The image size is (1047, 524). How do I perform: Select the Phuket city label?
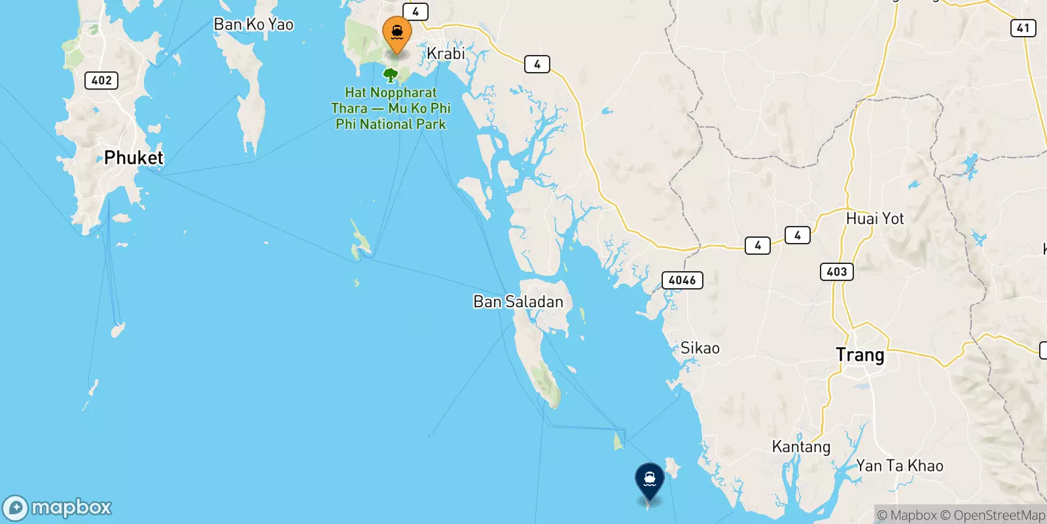(x=133, y=158)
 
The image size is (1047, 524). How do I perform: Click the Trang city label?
(x=860, y=355)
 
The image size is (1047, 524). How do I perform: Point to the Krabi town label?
(x=446, y=54)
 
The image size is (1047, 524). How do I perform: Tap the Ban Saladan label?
(x=518, y=302)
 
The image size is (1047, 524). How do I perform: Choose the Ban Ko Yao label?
(x=254, y=25)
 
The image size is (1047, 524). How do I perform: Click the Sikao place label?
(x=700, y=348)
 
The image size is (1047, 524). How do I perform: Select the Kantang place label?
(x=801, y=447)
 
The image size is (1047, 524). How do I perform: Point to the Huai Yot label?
(x=875, y=219)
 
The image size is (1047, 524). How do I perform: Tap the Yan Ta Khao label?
(x=900, y=466)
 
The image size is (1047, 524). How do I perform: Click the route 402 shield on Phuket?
(x=101, y=81)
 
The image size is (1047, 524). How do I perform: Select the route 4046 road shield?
(x=682, y=280)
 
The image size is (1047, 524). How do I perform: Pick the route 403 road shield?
(x=836, y=271)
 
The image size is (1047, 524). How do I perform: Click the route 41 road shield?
(x=1023, y=28)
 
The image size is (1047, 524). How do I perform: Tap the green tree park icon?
(x=391, y=75)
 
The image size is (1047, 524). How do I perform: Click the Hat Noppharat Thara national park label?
(x=391, y=109)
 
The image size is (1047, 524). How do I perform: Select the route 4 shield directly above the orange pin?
(x=415, y=12)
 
